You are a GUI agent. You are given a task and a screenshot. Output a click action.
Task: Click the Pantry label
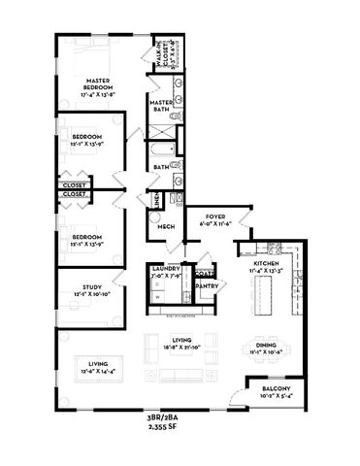pyautogui.click(x=206, y=286)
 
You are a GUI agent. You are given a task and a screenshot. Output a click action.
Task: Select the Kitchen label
pyautogui.click(x=266, y=264)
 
